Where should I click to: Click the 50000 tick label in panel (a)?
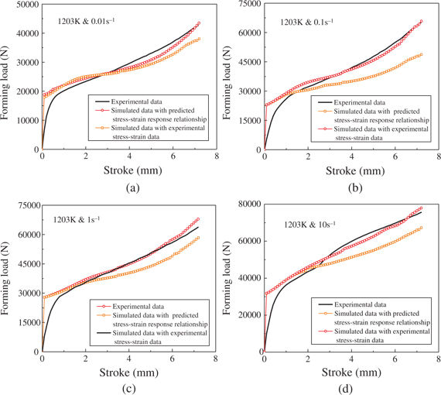(x=25, y=5)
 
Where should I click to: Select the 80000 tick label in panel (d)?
(x=248, y=204)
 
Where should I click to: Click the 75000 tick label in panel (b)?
(x=248, y=5)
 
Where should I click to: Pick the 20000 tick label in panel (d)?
(x=248, y=314)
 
